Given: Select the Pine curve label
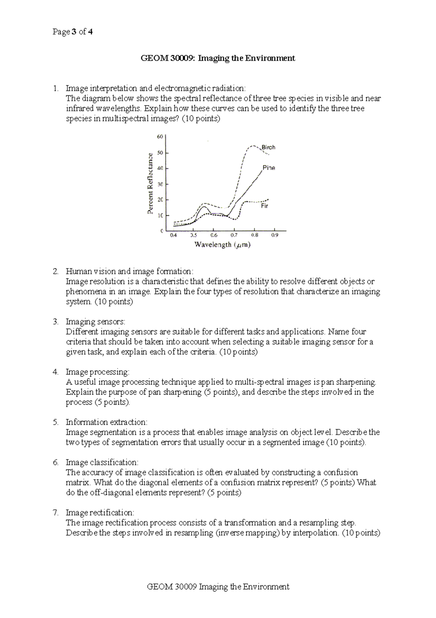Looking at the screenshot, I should click(x=269, y=168).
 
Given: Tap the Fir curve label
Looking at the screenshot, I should click(x=265, y=206).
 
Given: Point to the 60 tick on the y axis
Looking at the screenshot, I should click(x=160, y=137).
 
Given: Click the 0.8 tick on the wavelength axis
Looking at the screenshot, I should click(x=255, y=235).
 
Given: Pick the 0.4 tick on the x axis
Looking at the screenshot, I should click(x=173, y=235).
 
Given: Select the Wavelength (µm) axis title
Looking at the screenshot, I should click(x=222, y=245).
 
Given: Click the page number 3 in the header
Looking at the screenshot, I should click(x=74, y=32).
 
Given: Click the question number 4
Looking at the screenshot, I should click(x=55, y=372).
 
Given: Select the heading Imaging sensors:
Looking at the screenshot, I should click(x=95, y=322).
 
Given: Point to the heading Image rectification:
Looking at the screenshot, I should click(x=100, y=513).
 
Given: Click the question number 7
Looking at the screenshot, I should click(x=55, y=513).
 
